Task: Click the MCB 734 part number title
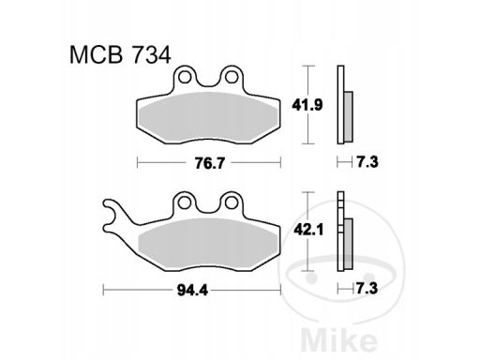point(120,55)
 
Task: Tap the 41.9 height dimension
point(307,105)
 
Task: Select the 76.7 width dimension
point(209,163)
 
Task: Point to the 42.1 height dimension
point(308,231)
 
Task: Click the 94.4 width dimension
point(192,291)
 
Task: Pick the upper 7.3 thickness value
point(367,162)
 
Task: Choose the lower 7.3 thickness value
point(367,288)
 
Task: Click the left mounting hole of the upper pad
point(185,77)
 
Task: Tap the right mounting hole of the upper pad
point(232,77)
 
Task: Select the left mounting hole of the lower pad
point(185,202)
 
